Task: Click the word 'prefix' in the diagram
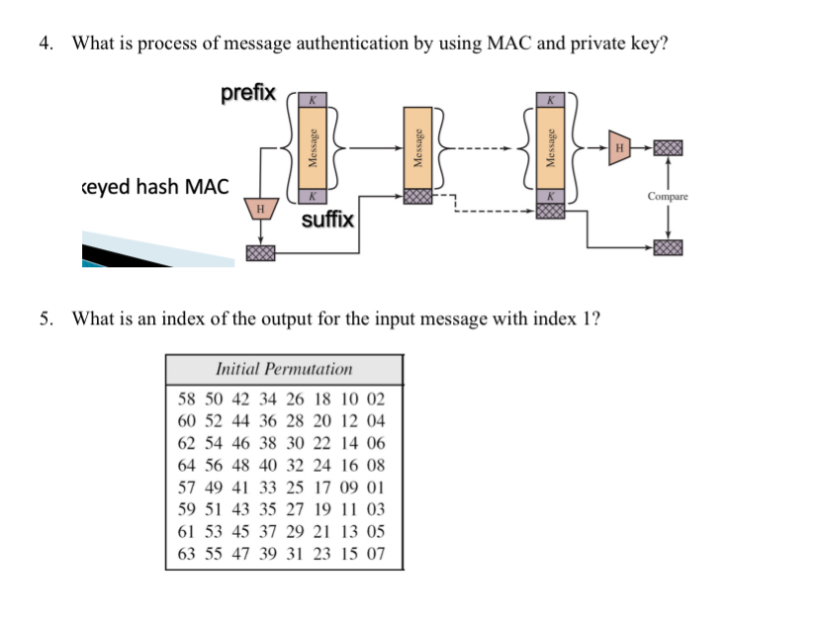[x=248, y=94]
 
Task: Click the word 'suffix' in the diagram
[x=327, y=219]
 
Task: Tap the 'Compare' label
[x=669, y=197]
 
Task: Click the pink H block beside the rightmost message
[x=619, y=147]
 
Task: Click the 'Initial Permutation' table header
[x=284, y=369]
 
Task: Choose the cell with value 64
[x=187, y=465]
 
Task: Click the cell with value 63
[x=187, y=555]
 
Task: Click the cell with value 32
[x=295, y=465]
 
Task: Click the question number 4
[x=45, y=43]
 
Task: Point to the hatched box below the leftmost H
[x=261, y=255]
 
